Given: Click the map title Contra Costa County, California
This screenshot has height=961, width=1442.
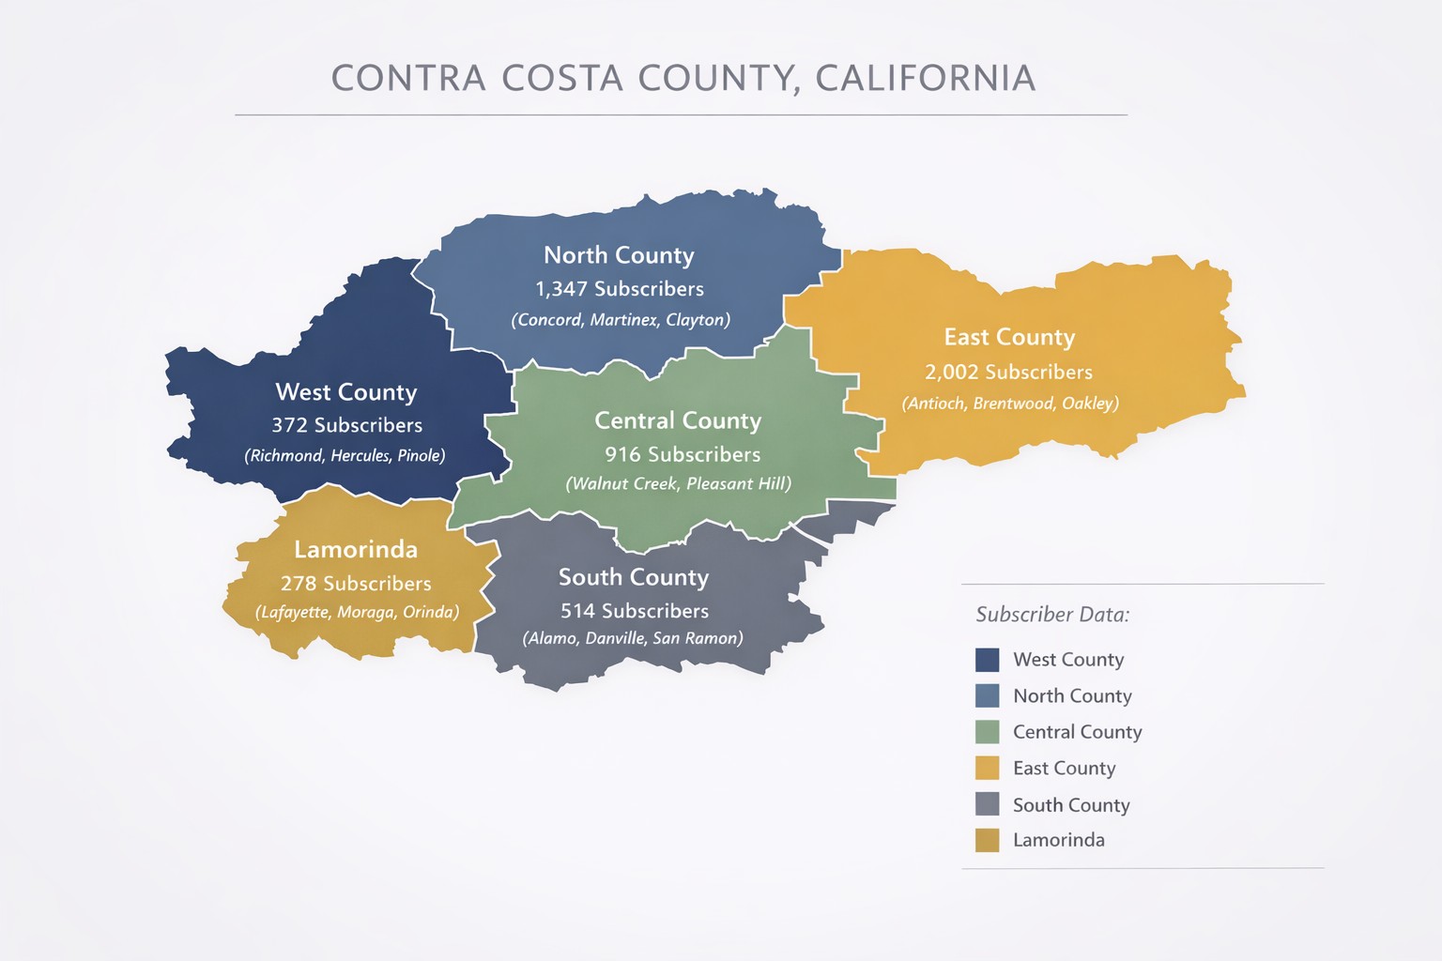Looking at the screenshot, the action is pyautogui.click(x=683, y=79).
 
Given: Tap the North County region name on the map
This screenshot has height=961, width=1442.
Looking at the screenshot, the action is pyautogui.click(x=619, y=255).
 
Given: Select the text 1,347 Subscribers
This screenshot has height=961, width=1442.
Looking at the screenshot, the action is pyautogui.click(x=620, y=289).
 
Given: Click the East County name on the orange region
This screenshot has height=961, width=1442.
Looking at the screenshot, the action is pyautogui.click(x=1009, y=337).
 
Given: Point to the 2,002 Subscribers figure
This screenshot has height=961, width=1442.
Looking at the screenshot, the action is pyautogui.click(x=1008, y=373).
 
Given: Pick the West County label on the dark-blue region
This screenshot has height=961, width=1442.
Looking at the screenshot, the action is pyautogui.click(x=346, y=392).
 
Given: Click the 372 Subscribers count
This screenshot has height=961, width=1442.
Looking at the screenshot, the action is pyautogui.click(x=347, y=426).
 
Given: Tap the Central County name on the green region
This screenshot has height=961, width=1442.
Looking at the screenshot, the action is pyautogui.click(x=678, y=420).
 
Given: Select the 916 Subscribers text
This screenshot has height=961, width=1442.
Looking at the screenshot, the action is pyautogui.click(x=683, y=455).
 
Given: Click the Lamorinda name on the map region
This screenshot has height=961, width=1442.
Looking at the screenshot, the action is pyautogui.click(x=356, y=549).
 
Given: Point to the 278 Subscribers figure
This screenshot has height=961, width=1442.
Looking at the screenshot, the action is pyautogui.click(x=356, y=584).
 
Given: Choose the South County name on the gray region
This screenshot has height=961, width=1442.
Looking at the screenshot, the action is pyautogui.click(x=634, y=577).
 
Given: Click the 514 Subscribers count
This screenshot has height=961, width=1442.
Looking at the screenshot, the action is pyautogui.click(x=635, y=611).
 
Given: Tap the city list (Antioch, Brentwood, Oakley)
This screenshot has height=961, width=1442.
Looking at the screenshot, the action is pyautogui.click(x=1010, y=404).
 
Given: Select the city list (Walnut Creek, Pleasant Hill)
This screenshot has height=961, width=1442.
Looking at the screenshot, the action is pyautogui.click(x=678, y=484).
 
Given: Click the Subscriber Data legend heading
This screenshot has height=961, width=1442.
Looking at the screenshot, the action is pyautogui.click(x=1052, y=615).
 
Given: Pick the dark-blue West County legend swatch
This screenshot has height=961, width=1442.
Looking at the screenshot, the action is pyautogui.click(x=988, y=660).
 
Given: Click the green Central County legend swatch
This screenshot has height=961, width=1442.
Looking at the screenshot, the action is pyautogui.click(x=988, y=732).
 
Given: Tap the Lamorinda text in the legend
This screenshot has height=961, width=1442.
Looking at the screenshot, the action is pyautogui.click(x=1058, y=840).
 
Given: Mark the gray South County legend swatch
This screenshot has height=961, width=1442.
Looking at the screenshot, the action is pyautogui.click(x=988, y=804).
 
